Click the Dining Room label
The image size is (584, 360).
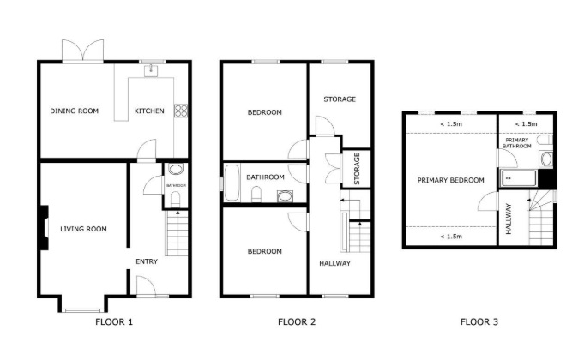[74, 111]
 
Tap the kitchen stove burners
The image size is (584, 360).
[182, 111]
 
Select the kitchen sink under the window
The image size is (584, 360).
[151, 70]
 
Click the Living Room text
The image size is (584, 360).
[83, 229]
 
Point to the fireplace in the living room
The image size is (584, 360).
[44, 227]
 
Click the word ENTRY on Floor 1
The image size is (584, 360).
[147, 261]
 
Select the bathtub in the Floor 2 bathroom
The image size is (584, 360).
[232, 183]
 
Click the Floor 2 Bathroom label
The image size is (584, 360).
[265, 177]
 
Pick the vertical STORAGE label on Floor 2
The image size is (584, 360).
[357, 169]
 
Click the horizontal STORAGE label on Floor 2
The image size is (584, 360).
[340, 99]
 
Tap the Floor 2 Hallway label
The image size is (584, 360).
[334, 263]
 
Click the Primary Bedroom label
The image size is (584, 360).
[451, 180]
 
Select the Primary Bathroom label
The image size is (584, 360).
[517, 143]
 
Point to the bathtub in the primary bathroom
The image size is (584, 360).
[518, 178]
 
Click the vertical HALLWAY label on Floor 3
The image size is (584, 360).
[509, 219]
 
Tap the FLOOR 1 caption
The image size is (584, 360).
[114, 321]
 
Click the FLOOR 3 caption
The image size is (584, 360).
[479, 321]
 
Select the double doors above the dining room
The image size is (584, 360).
[82, 51]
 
